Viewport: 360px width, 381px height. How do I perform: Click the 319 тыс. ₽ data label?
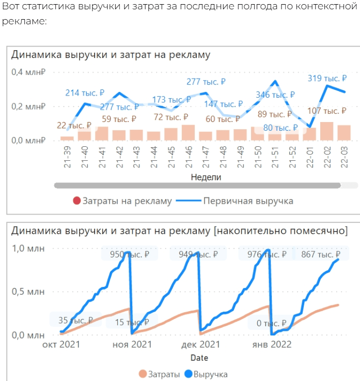(327, 78)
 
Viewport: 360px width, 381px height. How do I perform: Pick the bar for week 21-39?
(67, 138)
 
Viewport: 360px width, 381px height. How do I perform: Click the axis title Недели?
(206, 177)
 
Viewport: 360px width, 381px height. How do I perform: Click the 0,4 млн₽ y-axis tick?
(29, 72)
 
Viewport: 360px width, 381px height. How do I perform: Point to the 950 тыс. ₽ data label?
(126, 254)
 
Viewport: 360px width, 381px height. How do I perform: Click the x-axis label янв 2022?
(271, 345)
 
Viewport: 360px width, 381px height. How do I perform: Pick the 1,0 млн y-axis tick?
(28, 249)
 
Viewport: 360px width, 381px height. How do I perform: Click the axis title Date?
(199, 358)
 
